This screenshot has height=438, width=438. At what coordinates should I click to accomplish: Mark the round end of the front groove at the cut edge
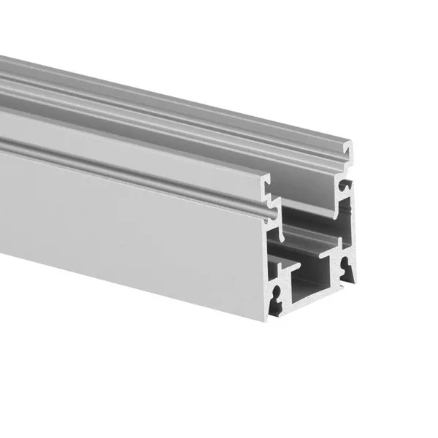(x=271, y=214)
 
